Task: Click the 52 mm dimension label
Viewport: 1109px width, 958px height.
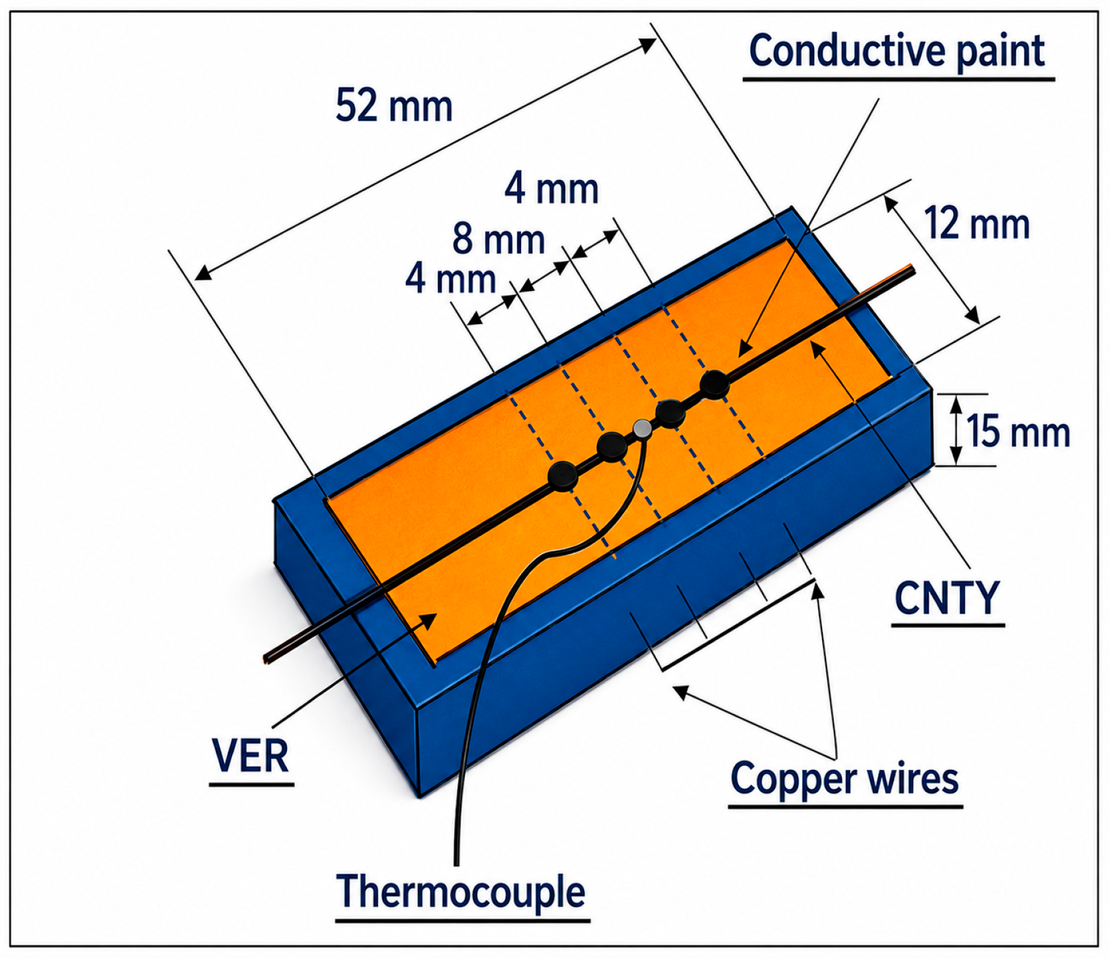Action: [394, 106]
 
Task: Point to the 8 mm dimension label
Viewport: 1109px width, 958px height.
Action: [499, 239]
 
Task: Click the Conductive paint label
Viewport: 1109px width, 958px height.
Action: [897, 51]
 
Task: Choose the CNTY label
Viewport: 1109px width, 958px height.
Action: [947, 598]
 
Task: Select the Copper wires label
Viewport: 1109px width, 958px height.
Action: [844, 779]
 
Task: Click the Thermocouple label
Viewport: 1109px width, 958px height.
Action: [461, 892]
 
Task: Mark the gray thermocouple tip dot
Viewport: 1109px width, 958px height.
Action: [642, 428]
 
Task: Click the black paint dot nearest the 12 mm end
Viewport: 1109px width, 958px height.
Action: [715, 384]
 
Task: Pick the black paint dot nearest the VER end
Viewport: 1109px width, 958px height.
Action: [563, 476]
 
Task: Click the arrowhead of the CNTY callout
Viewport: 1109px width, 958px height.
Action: [817, 348]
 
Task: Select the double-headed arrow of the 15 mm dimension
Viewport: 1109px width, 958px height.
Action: [956, 430]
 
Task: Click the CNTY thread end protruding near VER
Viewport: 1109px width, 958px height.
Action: [268, 657]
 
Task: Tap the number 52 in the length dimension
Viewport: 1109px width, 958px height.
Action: [357, 106]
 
